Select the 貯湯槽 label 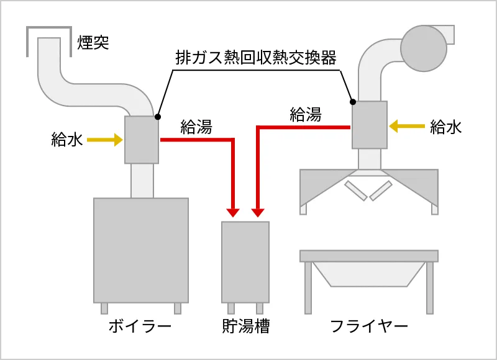[245, 326]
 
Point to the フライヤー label [369, 326]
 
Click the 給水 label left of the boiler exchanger [66, 140]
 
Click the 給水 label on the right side [446, 127]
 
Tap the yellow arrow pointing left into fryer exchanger [407, 127]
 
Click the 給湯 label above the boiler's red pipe [196, 127]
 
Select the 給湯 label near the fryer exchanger [306, 114]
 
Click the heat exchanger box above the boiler [142, 140]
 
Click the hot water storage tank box [245, 261]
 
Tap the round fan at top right [424, 45]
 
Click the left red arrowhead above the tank [233, 212]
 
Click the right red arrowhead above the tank [258, 212]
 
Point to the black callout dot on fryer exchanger [353, 102]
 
